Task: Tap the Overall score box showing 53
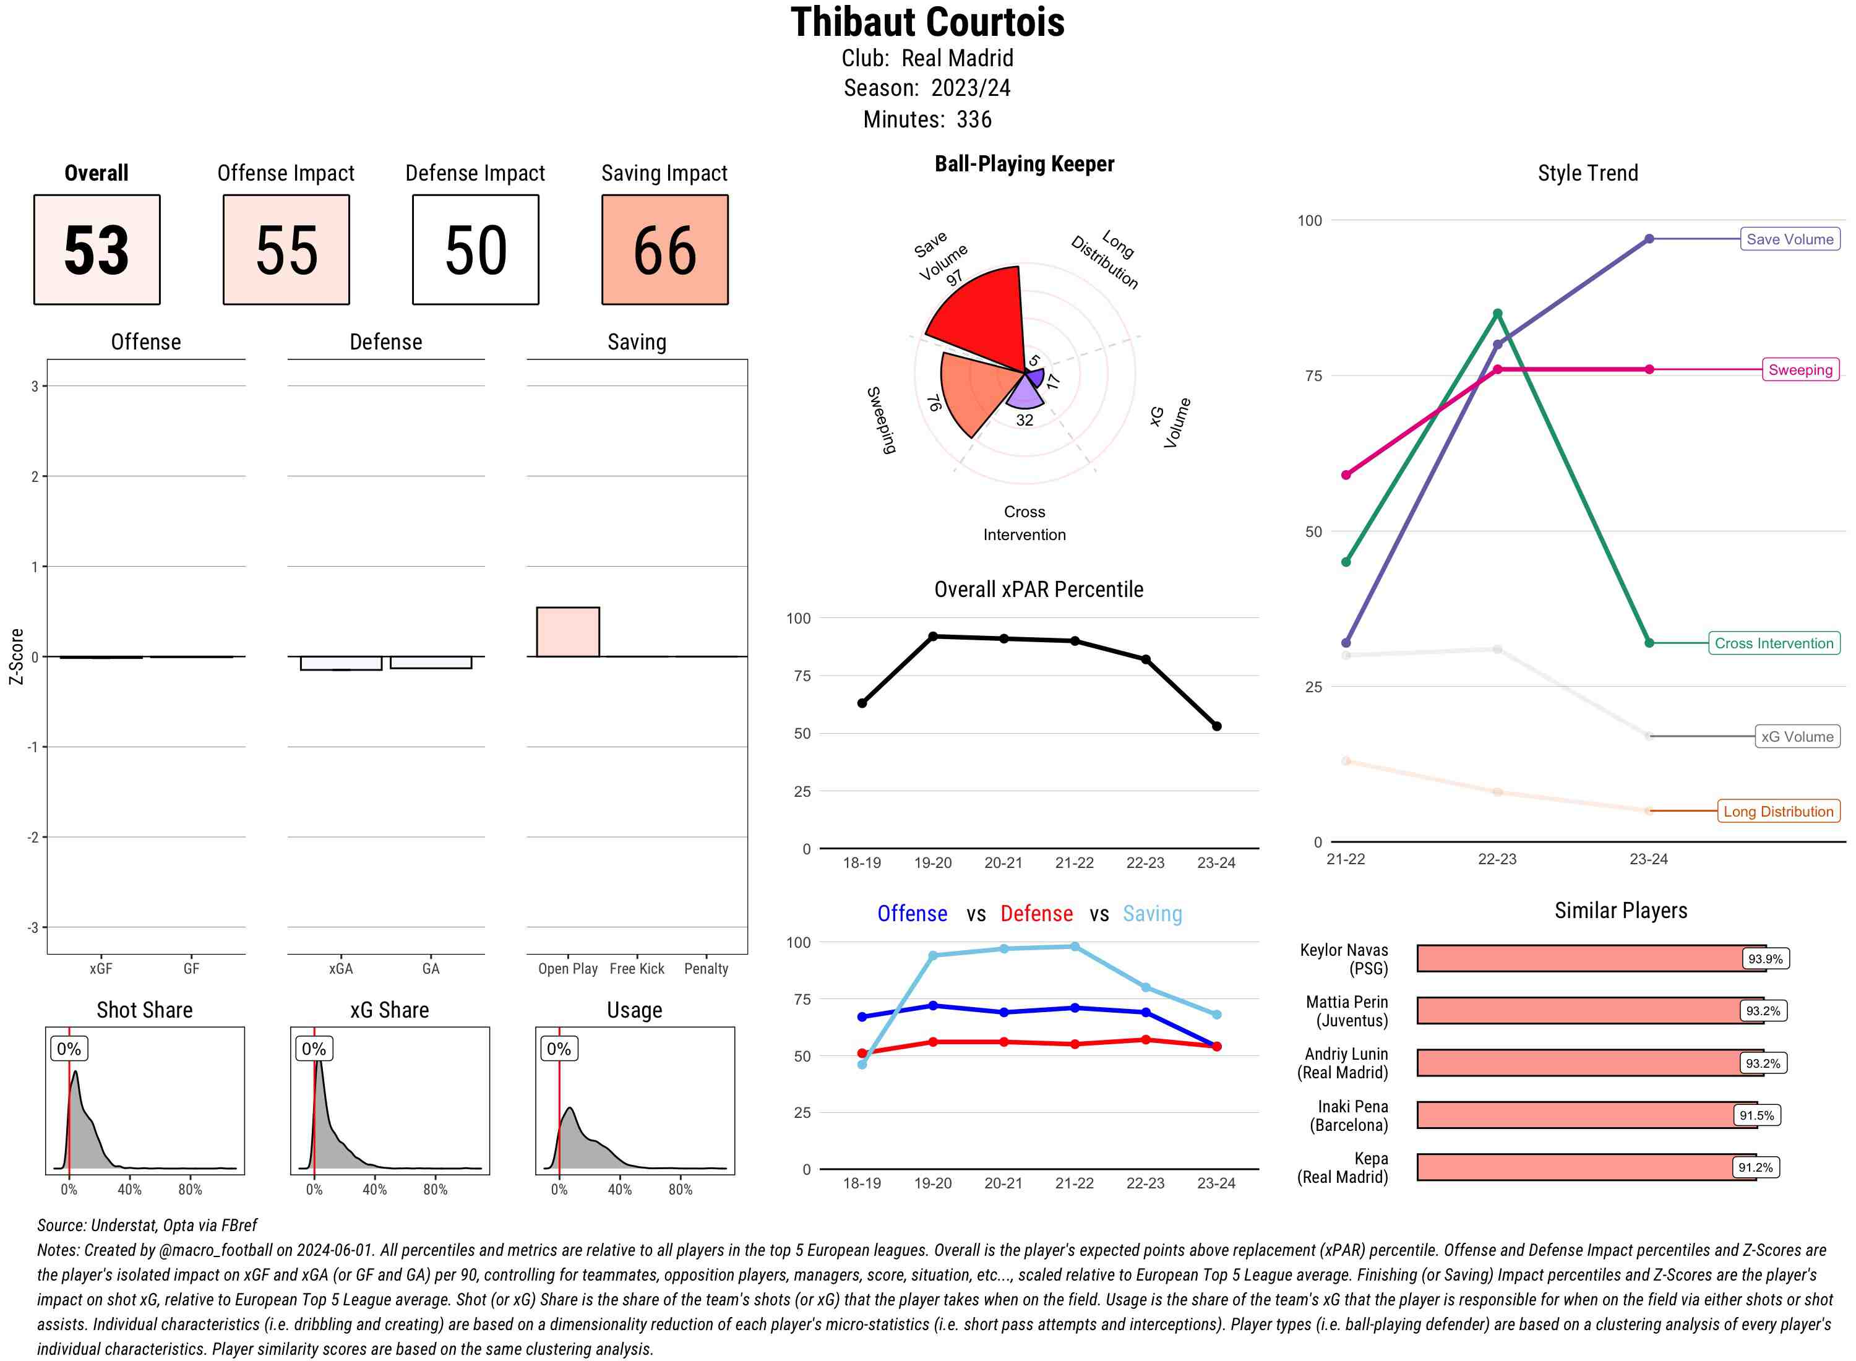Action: click(x=97, y=250)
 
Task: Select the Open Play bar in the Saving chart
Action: click(x=567, y=632)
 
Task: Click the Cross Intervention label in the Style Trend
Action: click(x=1774, y=643)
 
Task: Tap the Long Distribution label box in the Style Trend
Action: click(x=1778, y=812)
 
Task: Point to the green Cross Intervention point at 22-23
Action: click(x=1497, y=314)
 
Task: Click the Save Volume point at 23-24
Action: click(x=1648, y=239)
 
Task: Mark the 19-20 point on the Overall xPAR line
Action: click(x=932, y=636)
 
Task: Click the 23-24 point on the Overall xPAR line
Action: click(x=1216, y=726)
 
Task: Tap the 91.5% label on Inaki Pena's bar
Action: click(x=1756, y=1115)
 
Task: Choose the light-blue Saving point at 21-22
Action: click(x=1074, y=947)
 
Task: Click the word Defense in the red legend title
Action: click(x=1036, y=914)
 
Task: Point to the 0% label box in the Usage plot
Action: click(x=559, y=1049)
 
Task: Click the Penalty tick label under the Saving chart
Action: click(x=706, y=969)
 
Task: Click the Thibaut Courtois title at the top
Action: click(x=927, y=23)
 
